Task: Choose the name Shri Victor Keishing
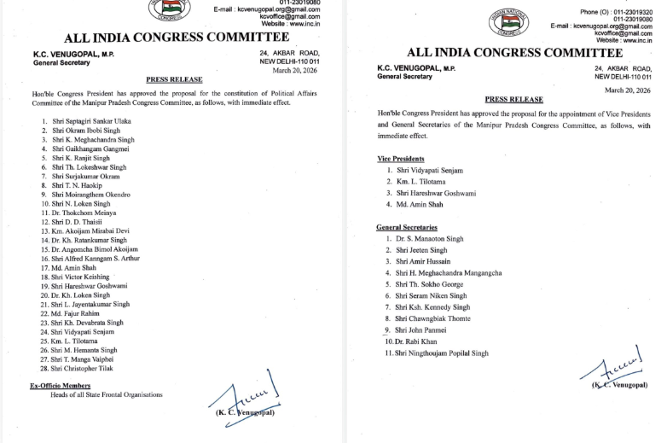pyautogui.click(x=81, y=277)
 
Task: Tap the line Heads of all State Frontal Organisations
pyautogui.click(x=107, y=394)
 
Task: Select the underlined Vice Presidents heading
pyautogui.click(x=401, y=160)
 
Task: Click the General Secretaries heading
pyautogui.click(x=406, y=228)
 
